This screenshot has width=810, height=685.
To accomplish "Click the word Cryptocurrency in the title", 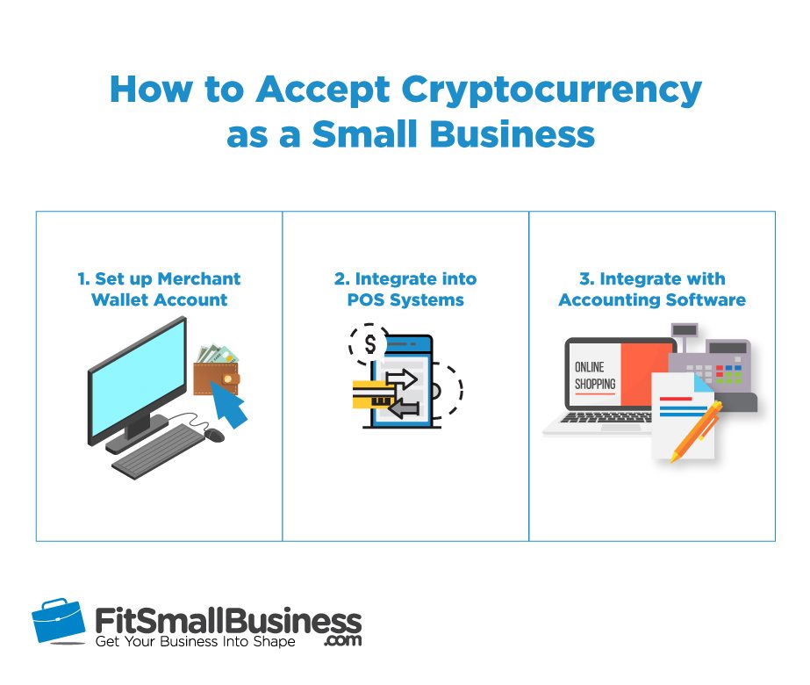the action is point(551,91).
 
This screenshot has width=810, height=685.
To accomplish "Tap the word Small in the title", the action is point(365,133).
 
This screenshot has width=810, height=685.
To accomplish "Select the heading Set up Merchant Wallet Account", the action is point(159,289).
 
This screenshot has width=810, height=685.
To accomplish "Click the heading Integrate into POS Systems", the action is point(405,289).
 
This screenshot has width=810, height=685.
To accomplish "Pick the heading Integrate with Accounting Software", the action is point(652,289).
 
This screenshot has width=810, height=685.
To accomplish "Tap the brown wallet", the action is point(216,378).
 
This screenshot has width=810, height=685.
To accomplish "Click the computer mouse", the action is point(214,435).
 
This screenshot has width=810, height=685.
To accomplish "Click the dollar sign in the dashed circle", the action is point(369,344).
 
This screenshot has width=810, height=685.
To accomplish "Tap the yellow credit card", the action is point(372,394).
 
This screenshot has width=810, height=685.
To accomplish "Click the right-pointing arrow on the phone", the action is point(401,379).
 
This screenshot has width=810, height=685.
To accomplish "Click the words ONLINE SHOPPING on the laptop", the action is point(595,375).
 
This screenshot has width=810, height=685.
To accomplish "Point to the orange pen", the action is point(696,431).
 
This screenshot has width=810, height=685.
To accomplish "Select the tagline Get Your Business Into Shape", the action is point(196,642).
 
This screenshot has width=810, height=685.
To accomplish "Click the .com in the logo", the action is point(342,640).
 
